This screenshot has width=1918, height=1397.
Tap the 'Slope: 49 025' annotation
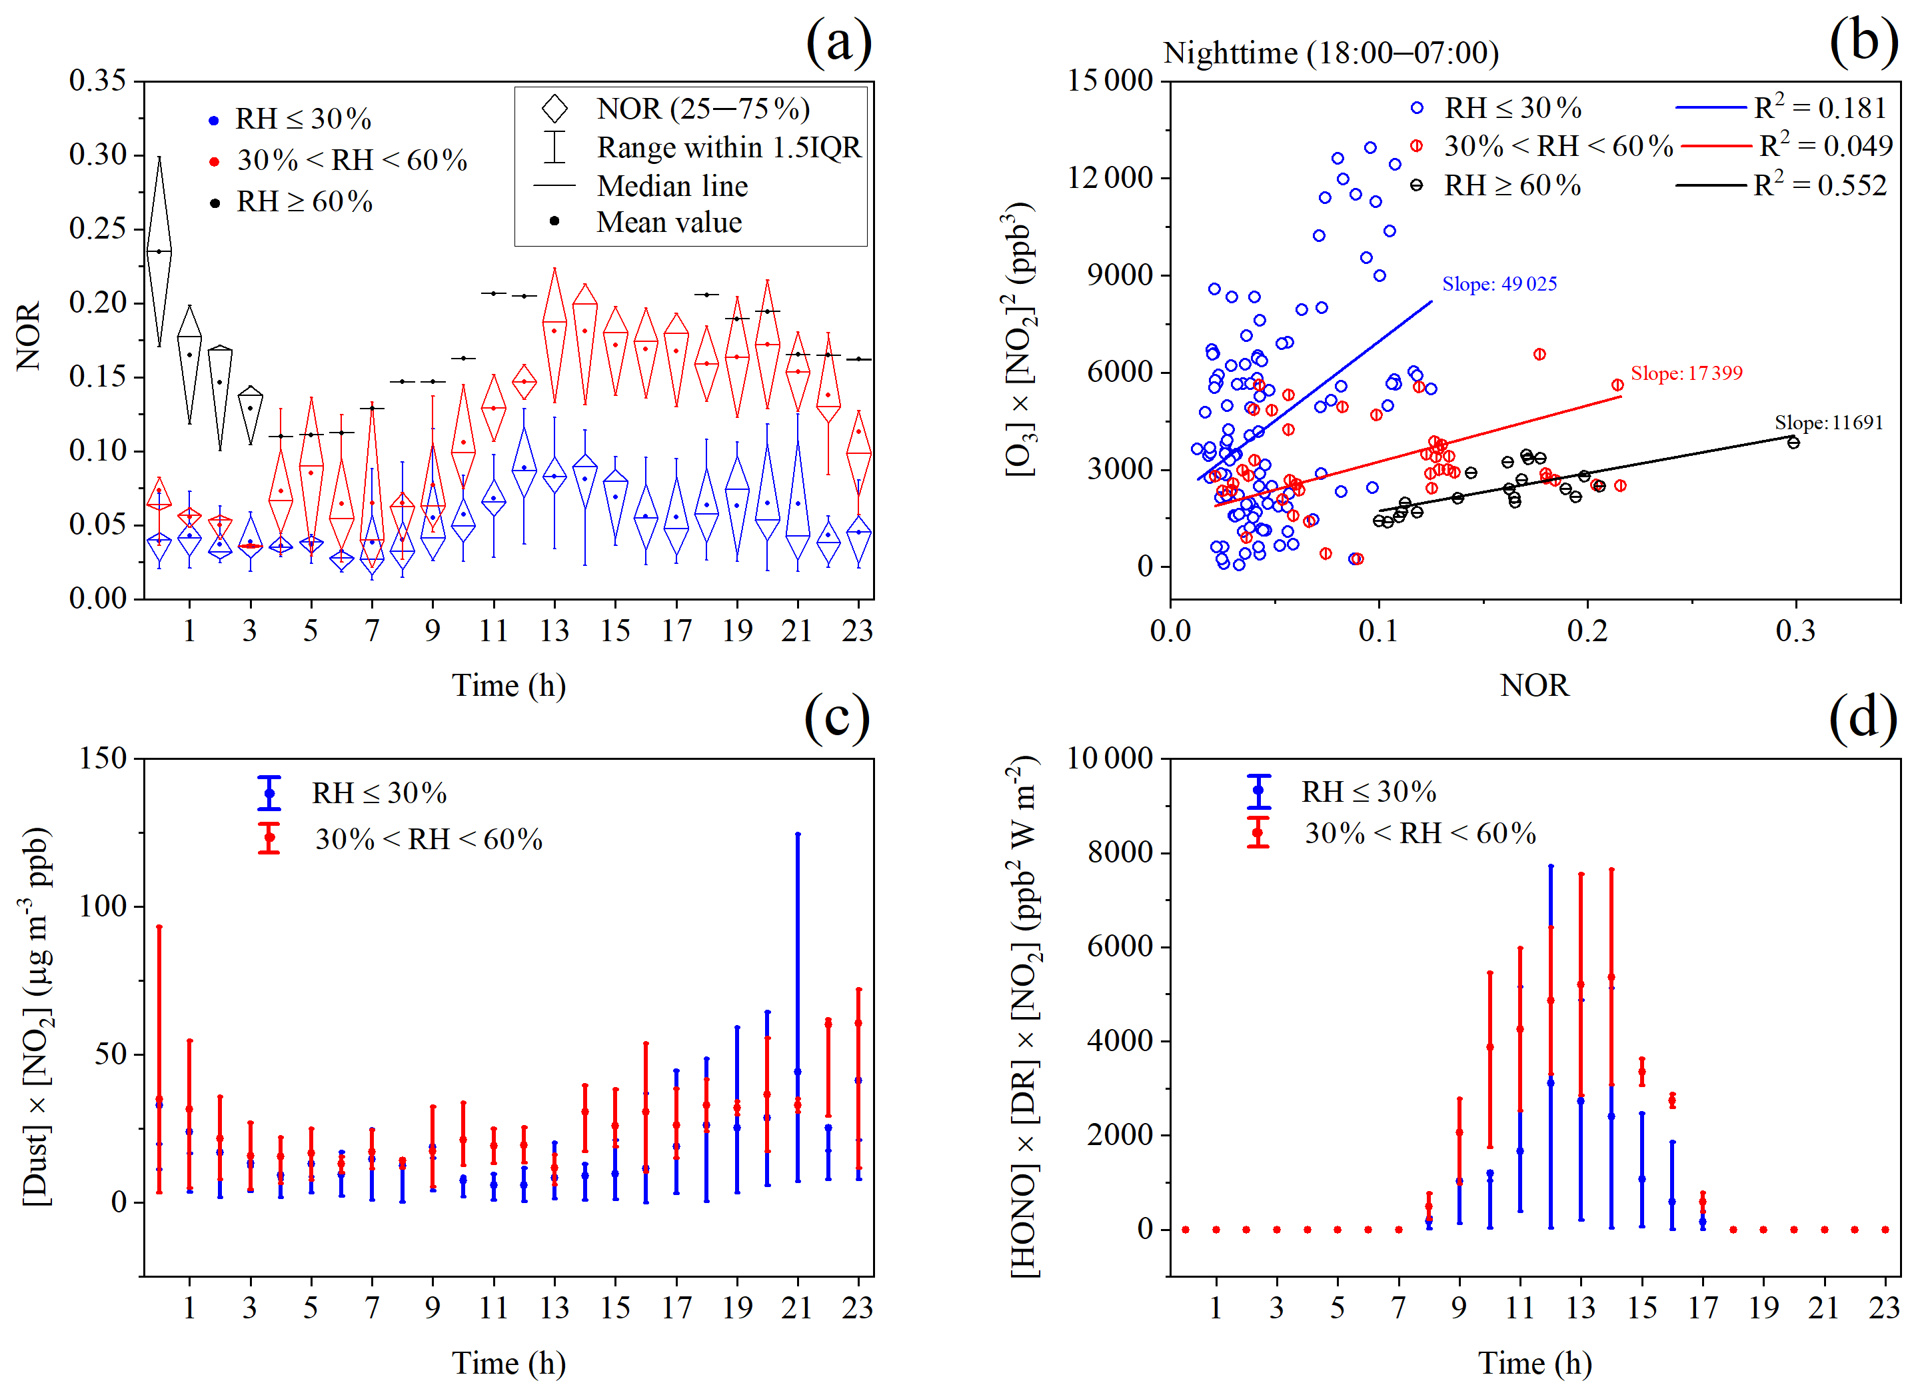[1499, 284]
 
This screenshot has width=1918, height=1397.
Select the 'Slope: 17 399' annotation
[1685, 373]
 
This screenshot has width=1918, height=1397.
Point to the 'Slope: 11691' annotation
[1828, 423]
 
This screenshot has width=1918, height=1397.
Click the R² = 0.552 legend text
[1820, 185]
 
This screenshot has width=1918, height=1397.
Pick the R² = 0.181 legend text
[1820, 108]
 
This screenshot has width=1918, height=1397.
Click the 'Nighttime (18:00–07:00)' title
[1330, 53]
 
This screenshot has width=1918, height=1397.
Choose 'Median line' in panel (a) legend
[672, 186]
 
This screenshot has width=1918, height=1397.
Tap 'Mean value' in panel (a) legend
[669, 223]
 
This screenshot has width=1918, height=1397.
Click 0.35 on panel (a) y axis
[97, 81]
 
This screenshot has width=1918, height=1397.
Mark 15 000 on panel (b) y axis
[1110, 81]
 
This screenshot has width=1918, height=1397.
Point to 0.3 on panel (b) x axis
[1795, 631]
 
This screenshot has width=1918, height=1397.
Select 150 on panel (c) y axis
[103, 758]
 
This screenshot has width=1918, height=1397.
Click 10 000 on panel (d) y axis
[1110, 758]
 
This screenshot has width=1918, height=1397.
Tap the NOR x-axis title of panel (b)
[1534, 685]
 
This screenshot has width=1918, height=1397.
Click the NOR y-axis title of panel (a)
[29, 337]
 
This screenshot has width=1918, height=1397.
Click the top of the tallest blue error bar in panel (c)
[798, 834]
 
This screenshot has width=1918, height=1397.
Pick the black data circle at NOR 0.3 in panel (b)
[1793, 443]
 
